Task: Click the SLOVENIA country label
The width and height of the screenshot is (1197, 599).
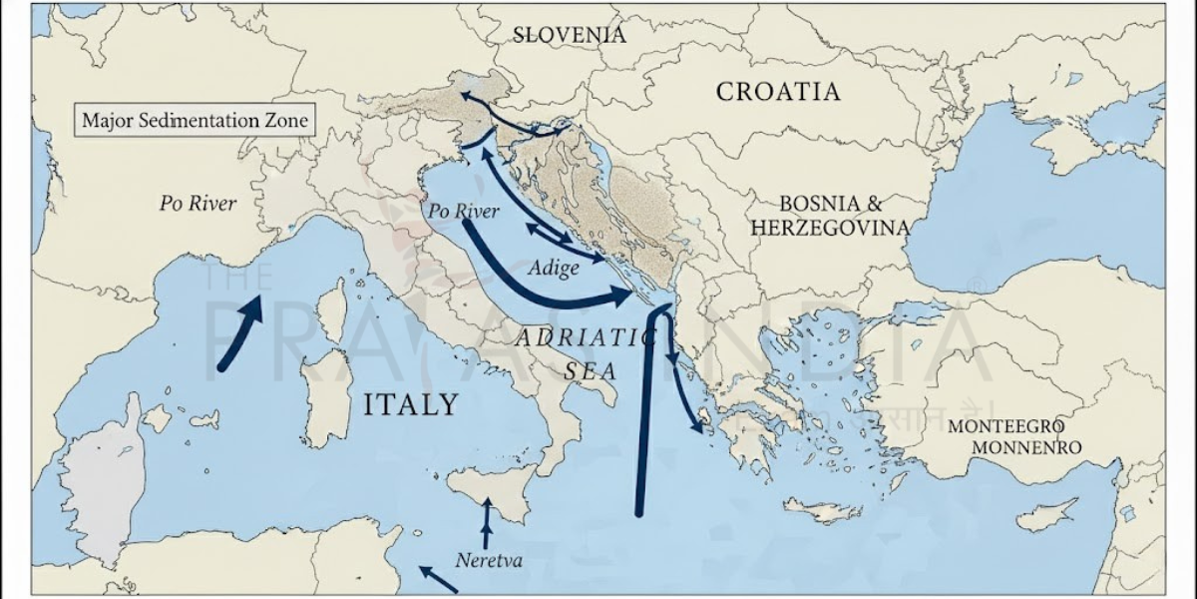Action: point(570,35)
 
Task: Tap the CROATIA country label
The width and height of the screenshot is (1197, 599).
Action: point(778,92)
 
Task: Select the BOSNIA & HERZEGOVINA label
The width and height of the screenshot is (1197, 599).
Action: point(830,216)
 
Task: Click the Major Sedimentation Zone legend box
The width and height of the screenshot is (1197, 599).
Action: point(196,121)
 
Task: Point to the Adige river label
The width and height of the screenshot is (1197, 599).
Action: point(554,269)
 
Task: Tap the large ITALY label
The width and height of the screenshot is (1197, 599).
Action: point(410,404)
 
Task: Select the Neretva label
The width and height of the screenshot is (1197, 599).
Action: point(489,560)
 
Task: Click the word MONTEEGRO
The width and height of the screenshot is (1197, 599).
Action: point(1013,425)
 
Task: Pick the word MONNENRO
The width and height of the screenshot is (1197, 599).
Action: point(1026,447)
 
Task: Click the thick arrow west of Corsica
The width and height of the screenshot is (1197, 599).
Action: point(239,333)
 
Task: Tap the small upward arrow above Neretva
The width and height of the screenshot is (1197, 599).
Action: point(487,522)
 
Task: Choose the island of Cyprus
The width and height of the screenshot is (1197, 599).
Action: point(1046,515)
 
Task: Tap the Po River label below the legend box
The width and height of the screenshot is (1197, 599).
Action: point(198,204)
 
